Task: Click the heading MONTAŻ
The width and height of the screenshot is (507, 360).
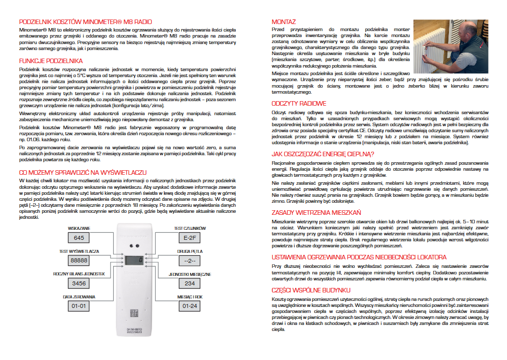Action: pos(283,22)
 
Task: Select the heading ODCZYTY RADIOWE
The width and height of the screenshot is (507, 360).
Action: pos(299,104)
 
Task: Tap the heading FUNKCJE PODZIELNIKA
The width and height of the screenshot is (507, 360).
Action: pos(51,61)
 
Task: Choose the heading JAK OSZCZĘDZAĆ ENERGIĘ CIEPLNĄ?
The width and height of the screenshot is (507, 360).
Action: pos(323,154)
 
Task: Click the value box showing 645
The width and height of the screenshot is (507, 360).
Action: pos(79,238)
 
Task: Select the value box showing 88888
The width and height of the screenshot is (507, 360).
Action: pos(79,261)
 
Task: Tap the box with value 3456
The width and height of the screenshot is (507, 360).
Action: pos(79,283)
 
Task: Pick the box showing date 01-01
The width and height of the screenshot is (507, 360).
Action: pos(79,306)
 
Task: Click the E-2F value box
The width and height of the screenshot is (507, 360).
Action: pos(189,238)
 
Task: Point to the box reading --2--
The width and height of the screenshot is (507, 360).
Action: pos(189,261)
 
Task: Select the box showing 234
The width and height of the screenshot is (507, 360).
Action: pos(189,283)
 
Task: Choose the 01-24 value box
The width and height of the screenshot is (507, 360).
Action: pos(189,306)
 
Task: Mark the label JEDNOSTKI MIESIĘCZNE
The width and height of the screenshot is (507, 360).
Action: pos(189,274)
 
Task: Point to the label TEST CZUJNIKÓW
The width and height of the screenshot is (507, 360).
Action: pos(189,228)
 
